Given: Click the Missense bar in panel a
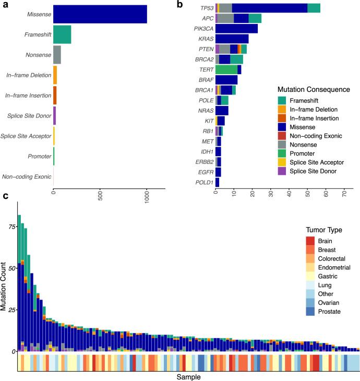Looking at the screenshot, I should pos(100,15).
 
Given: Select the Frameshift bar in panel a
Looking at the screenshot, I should pos(62,34).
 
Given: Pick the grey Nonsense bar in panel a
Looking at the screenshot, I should pos(57,55).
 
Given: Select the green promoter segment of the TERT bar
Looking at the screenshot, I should pos(226,69).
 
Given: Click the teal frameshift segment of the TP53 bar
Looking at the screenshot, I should pos(314,8).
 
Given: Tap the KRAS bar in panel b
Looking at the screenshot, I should pos(232,39).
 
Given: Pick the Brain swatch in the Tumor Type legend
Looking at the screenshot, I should pos(310,241).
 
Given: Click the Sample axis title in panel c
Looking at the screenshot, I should pos(188,376).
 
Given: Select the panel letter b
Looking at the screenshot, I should pos(179,4).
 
